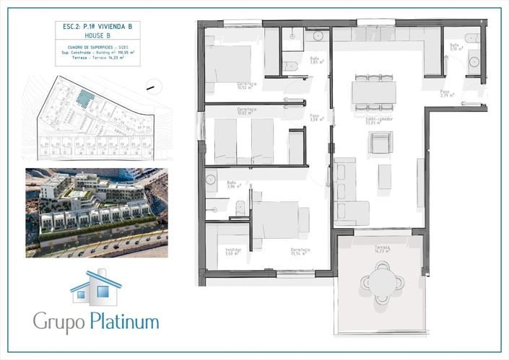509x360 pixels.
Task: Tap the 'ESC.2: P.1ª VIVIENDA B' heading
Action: click(97, 25)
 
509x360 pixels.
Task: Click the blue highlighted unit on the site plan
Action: click(86, 99)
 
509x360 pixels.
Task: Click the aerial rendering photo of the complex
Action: click(97, 212)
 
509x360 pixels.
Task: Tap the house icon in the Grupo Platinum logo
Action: click(96, 287)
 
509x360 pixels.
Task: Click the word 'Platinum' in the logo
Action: click(125, 321)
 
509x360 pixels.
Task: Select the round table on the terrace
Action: click(381, 282)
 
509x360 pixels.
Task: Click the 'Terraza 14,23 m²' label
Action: click(382, 249)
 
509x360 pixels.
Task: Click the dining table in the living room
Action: click(373, 92)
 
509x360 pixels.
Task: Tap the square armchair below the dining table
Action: click(380, 144)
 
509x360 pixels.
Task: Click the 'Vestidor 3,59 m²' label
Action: click(232, 252)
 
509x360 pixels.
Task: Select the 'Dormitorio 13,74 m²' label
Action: click(300, 252)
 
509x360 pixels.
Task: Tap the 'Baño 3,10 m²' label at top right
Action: click(455, 47)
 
